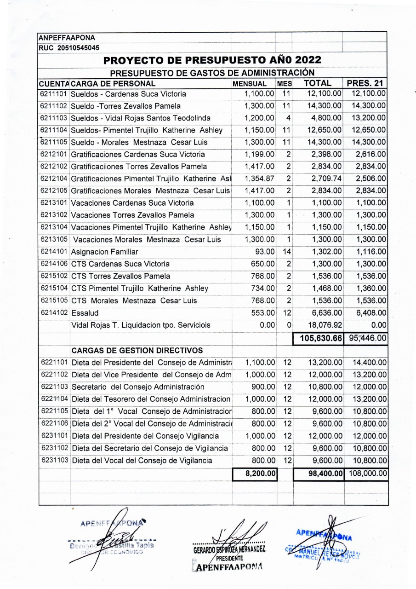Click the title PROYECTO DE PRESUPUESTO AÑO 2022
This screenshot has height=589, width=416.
point(212,60)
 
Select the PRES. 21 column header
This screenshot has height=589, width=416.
point(366,83)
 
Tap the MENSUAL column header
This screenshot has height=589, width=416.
point(250,84)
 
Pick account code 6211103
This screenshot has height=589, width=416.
point(54,118)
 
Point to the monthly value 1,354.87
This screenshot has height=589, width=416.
point(260,179)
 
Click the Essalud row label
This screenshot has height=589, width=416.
point(85,313)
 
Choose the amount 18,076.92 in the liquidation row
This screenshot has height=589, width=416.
point(325,325)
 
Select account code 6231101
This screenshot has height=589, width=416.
point(54,436)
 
